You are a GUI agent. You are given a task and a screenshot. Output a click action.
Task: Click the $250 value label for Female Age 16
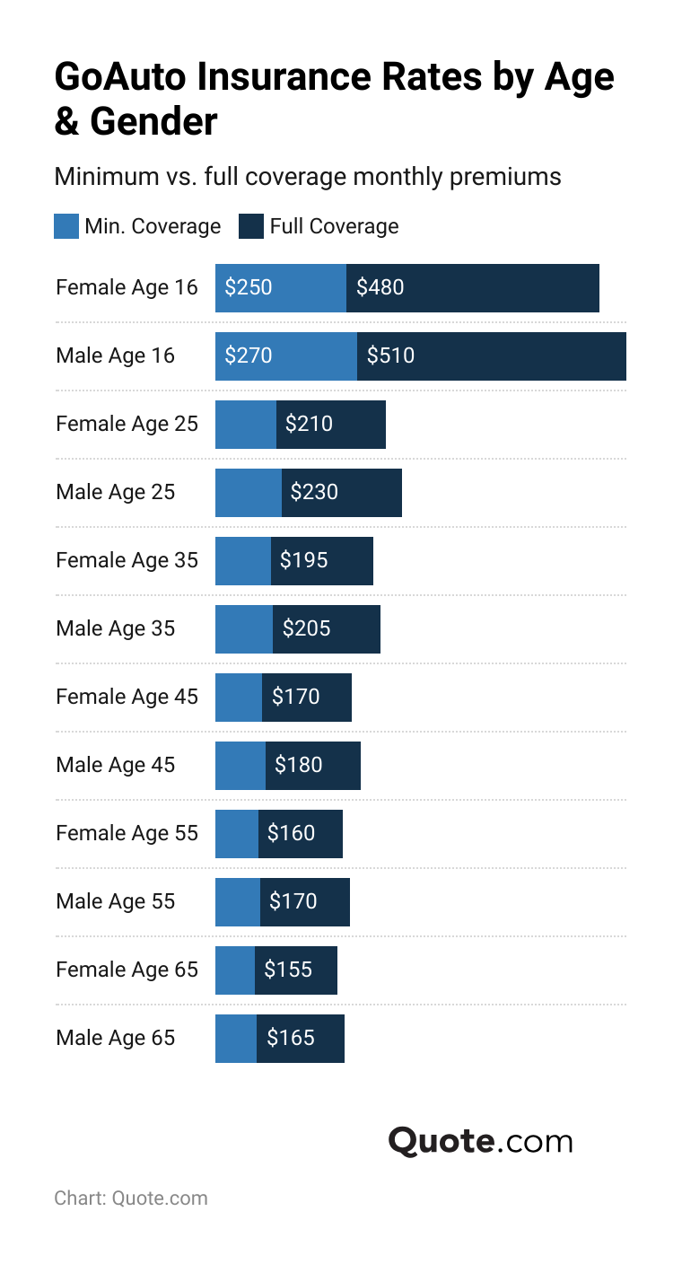[x=249, y=287]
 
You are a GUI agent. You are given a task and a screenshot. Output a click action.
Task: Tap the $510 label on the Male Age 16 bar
[x=390, y=355]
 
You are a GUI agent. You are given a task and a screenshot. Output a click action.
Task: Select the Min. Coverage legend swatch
[x=66, y=226]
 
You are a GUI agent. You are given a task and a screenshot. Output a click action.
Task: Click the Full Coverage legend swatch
[x=251, y=226]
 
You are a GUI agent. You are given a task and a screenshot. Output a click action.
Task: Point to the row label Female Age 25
[x=127, y=424]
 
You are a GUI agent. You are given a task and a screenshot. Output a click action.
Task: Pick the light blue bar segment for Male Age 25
[x=249, y=492]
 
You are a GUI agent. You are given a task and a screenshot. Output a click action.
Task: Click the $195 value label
[x=304, y=560]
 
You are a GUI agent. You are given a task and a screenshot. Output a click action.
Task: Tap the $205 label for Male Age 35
[x=307, y=628]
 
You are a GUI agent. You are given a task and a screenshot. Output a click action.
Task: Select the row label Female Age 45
[x=127, y=697]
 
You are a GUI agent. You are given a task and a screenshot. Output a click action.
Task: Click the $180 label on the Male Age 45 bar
[x=299, y=765]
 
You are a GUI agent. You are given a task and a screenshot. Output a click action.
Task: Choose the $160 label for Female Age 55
[x=292, y=833]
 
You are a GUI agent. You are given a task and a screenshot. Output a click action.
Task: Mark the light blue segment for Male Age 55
[x=238, y=901]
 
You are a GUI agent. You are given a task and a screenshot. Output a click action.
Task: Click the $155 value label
[x=288, y=970]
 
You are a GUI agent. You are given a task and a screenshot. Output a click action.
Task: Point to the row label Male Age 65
[x=115, y=1038]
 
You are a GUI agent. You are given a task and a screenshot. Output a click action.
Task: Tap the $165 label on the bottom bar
[x=291, y=1038]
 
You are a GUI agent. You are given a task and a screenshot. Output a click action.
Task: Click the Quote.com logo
[x=480, y=1141]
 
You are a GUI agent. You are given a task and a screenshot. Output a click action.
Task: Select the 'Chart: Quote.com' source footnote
[x=131, y=1198]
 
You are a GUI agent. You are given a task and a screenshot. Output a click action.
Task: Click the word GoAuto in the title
[x=120, y=77]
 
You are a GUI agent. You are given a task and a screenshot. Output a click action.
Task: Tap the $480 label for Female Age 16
[x=380, y=287]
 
